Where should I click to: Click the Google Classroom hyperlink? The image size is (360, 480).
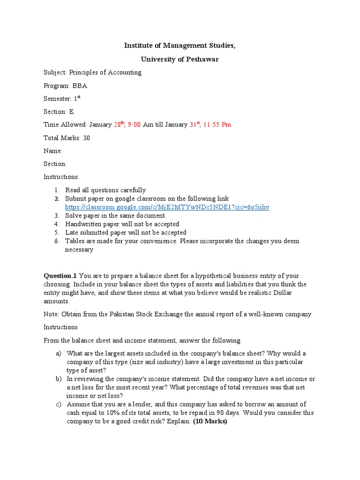pyautogui.click(x=167, y=207)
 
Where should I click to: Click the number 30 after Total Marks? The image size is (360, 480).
pyautogui.click(x=86, y=138)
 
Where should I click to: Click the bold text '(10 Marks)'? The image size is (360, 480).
pyautogui.click(x=210, y=421)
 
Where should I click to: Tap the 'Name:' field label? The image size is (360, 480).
pyautogui.click(x=52, y=151)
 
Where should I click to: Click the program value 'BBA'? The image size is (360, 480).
pyautogui.click(x=79, y=86)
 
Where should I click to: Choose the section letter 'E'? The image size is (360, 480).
pyautogui.click(x=71, y=112)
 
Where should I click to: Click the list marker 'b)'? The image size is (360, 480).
pyautogui.click(x=59, y=379)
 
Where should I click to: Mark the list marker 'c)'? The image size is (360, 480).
pyautogui.click(x=59, y=404)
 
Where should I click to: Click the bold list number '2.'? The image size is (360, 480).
pyautogui.click(x=56, y=199)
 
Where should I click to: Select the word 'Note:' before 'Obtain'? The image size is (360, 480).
pyautogui.click(x=52, y=314)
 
